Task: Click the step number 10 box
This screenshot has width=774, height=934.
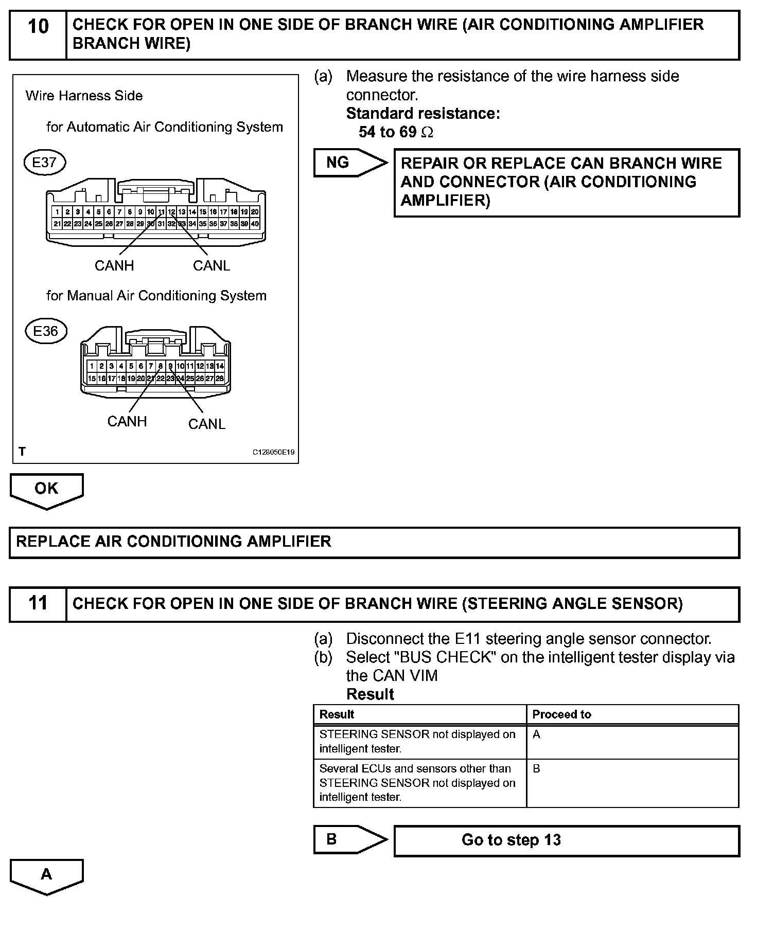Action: click(38, 34)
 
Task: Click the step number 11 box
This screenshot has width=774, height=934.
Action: click(38, 604)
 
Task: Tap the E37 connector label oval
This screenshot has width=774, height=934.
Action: click(45, 163)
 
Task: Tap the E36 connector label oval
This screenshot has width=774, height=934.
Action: click(46, 331)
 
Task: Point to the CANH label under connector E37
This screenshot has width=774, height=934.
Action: click(114, 265)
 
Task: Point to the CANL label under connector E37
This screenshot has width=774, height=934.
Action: click(212, 265)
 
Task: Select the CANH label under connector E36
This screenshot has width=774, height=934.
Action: click(127, 421)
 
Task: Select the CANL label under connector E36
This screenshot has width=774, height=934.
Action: click(207, 424)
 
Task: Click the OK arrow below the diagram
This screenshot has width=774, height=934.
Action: click(46, 490)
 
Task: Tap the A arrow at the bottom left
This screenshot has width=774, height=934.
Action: click(46, 875)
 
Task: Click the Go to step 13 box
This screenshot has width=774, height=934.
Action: click(566, 840)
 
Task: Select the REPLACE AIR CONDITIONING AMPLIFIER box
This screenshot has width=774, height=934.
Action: click(374, 542)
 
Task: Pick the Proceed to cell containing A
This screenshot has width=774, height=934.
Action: click(632, 742)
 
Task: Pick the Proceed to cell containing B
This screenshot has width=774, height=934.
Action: click(632, 783)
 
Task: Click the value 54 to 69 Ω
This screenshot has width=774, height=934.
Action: click(396, 132)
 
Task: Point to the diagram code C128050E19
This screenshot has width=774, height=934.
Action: click(273, 452)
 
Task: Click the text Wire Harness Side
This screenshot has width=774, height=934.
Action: click(84, 96)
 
